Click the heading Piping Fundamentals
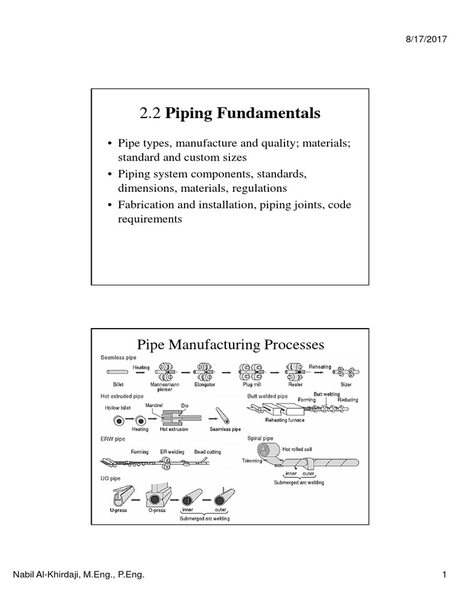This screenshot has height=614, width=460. (243, 113)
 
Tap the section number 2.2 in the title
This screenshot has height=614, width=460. (150, 113)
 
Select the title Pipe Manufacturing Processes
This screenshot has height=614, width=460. (231, 345)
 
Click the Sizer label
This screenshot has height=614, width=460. (346, 384)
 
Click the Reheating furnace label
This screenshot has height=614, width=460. (286, 420)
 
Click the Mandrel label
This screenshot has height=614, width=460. (147, 405)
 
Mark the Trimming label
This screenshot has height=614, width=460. (253, 460)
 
